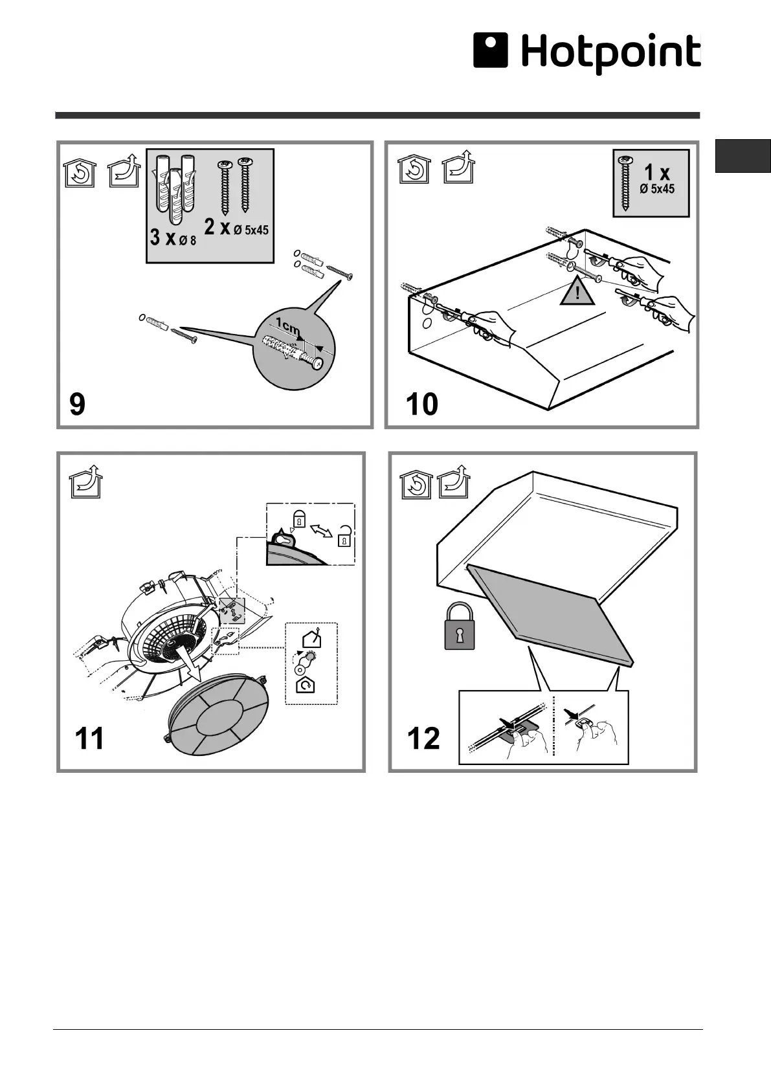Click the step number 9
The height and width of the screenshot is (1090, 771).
click(77, 405)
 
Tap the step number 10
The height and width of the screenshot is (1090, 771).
click(421, 405)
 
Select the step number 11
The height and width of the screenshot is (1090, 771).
click(90, 739)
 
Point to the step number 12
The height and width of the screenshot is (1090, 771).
click(423, 739)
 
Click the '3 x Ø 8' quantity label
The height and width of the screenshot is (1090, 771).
click(172, 238)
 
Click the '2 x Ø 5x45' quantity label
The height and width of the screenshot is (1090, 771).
click(236, 227)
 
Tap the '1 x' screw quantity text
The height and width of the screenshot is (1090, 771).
click(656, 172)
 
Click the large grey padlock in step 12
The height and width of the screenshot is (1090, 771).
click(460, 627)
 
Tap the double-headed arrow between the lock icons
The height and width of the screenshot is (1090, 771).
click(322, 530)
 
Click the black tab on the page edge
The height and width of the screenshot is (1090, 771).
click(743, 156)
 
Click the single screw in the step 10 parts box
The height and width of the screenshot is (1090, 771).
click(625, 183)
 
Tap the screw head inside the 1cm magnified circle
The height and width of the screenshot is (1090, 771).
click(318, 364)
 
